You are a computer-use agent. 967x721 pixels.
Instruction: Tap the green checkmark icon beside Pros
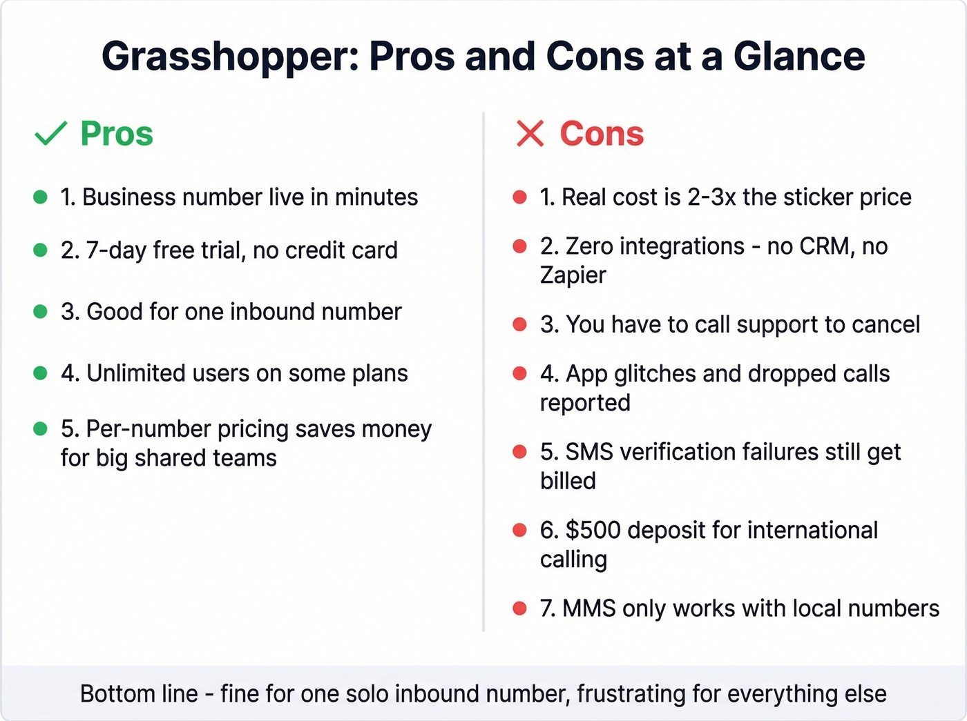coord(50,133)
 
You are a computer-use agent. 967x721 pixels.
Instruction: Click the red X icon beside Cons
coord(530,133)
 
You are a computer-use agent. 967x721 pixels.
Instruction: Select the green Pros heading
coord(117,133)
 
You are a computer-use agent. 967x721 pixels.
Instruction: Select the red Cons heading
coord(602,133)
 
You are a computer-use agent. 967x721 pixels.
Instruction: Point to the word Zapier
coord(573,275)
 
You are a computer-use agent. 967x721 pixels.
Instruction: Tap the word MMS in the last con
coord(589,609)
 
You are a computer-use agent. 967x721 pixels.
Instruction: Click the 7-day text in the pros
coord(116,250)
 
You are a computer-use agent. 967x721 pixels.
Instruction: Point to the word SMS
coord(589,452)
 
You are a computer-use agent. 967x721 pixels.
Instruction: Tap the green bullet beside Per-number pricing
coord(40,429)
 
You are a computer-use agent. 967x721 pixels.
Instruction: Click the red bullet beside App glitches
coord(519,374)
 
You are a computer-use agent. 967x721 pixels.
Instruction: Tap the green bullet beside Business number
coord(40,197)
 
